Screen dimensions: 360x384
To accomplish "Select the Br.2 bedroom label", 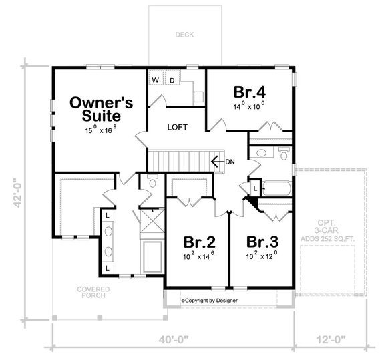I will click(x=199, y=241).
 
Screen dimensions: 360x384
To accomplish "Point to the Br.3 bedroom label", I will click(x=261, y=241).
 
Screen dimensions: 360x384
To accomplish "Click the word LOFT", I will click(x=177, y=127).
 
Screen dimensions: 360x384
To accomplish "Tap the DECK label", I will click(x=184, y=35).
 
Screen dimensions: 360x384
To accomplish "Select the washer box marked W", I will click(x=155, y=81).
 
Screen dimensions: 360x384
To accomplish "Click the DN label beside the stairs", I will click(x=230, y=162).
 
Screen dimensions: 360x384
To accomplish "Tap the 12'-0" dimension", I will click(x=331, y=340).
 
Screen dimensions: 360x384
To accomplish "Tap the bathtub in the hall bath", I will click(x=276, y=188).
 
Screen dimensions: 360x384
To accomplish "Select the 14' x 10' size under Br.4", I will click(x=249, y=105).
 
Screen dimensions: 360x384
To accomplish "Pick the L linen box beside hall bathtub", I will click(x=254, y=190).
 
